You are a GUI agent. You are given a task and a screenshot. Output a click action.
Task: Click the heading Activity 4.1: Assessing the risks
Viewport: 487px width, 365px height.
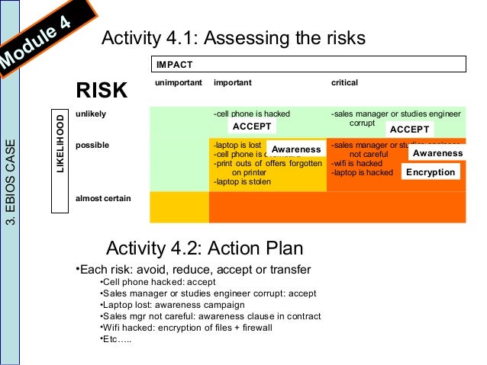(x=234, y=38)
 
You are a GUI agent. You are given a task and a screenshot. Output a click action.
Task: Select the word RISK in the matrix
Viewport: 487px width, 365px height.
(x=101, y=91)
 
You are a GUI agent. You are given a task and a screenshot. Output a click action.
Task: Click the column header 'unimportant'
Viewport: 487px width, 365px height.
(x=178, y=82)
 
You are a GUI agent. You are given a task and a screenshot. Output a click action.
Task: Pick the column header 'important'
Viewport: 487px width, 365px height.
(x=233, y=82)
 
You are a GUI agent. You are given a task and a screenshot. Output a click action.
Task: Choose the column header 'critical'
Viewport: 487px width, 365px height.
(x=344, y=82)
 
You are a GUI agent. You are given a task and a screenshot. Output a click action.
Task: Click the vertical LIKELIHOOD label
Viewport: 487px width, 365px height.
(x=60, y=143)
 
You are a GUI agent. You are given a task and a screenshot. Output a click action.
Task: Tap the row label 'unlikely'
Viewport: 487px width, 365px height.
(x=91, y=114)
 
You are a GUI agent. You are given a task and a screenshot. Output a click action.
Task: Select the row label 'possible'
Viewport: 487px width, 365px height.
(x=92, y=144)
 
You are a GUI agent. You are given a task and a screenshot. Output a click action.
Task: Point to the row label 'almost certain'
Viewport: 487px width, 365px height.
(x=103, y=198)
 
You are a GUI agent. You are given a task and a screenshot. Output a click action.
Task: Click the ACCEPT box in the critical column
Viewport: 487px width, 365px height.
(x=408, y=129)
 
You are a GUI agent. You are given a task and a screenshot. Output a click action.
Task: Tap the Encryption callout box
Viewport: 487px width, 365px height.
(x=431, y=172)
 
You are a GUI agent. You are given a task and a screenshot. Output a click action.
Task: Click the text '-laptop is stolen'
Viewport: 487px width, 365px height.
(x=243, y=181)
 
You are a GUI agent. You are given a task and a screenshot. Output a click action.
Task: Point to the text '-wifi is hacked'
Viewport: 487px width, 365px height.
(x=356, y=163)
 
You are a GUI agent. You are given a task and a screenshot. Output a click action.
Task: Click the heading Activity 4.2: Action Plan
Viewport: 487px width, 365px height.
(x=205, y=248)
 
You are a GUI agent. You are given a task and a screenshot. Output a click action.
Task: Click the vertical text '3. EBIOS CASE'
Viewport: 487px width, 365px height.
(x=10, y=183)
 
